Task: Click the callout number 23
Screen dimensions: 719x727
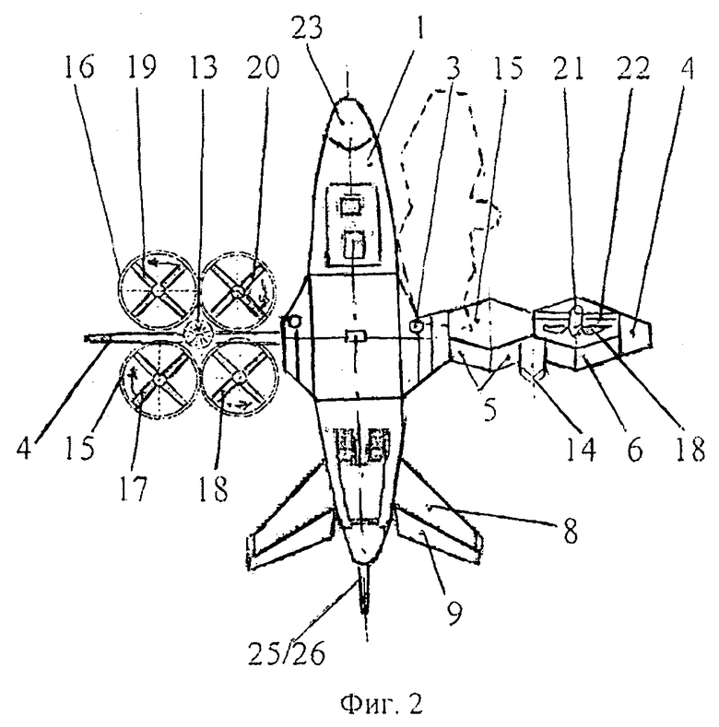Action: click(x=307, y=29)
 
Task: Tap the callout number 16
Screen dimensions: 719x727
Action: click(x=79, y=66)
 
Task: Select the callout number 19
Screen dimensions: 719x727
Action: click(x=141, y=66)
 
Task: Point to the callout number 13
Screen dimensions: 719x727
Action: click(x=203, y=66)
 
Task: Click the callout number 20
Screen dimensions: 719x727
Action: click(x=263, y=66)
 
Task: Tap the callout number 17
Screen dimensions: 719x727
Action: click(x=134, y=488)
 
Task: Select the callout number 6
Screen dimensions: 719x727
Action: click(x=635, y=450)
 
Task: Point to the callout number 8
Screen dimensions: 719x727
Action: click(x=571, y=532)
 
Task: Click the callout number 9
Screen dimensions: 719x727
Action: click(x=454, y=613)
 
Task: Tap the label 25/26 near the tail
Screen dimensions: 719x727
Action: click(x=286, y=653)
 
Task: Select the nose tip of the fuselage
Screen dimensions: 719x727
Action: click(x=348, y=99)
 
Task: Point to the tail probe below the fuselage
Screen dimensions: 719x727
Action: click(x=365, y=588)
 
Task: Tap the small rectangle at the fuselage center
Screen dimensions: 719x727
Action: click(x=356, y=336)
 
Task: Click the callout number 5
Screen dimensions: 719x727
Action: click(x=489, y=409)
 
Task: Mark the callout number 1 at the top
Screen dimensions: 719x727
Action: click(x=420, y=29)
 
